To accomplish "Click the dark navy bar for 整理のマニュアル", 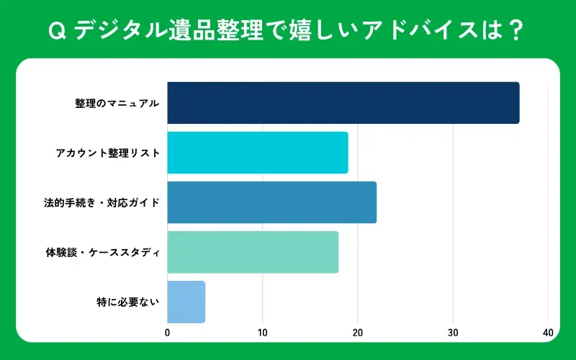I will (x=343, y=103).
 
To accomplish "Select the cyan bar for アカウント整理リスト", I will (x=257, y=153).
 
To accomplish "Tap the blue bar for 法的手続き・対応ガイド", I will (x=271, y=202).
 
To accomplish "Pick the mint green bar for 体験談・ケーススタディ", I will (x=252, y=252).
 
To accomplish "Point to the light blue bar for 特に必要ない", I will (x=186, y=302).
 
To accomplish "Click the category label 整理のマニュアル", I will (x=117, y=103).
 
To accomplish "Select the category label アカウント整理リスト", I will (x=107, y=153).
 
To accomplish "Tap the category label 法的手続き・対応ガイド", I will (x=102, y=202).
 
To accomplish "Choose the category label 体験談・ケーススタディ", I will (x=102, y=252).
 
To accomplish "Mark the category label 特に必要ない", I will (x=127, y=302).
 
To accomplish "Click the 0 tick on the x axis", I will (x=168, y=333).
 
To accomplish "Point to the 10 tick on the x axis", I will (x=263, y=333).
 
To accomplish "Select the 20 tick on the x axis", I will (x=358, y=333).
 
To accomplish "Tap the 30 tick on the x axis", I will (x=453, y=333).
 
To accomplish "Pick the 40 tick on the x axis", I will (x=548, y=333).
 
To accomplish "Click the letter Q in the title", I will (x=55, y=31).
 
